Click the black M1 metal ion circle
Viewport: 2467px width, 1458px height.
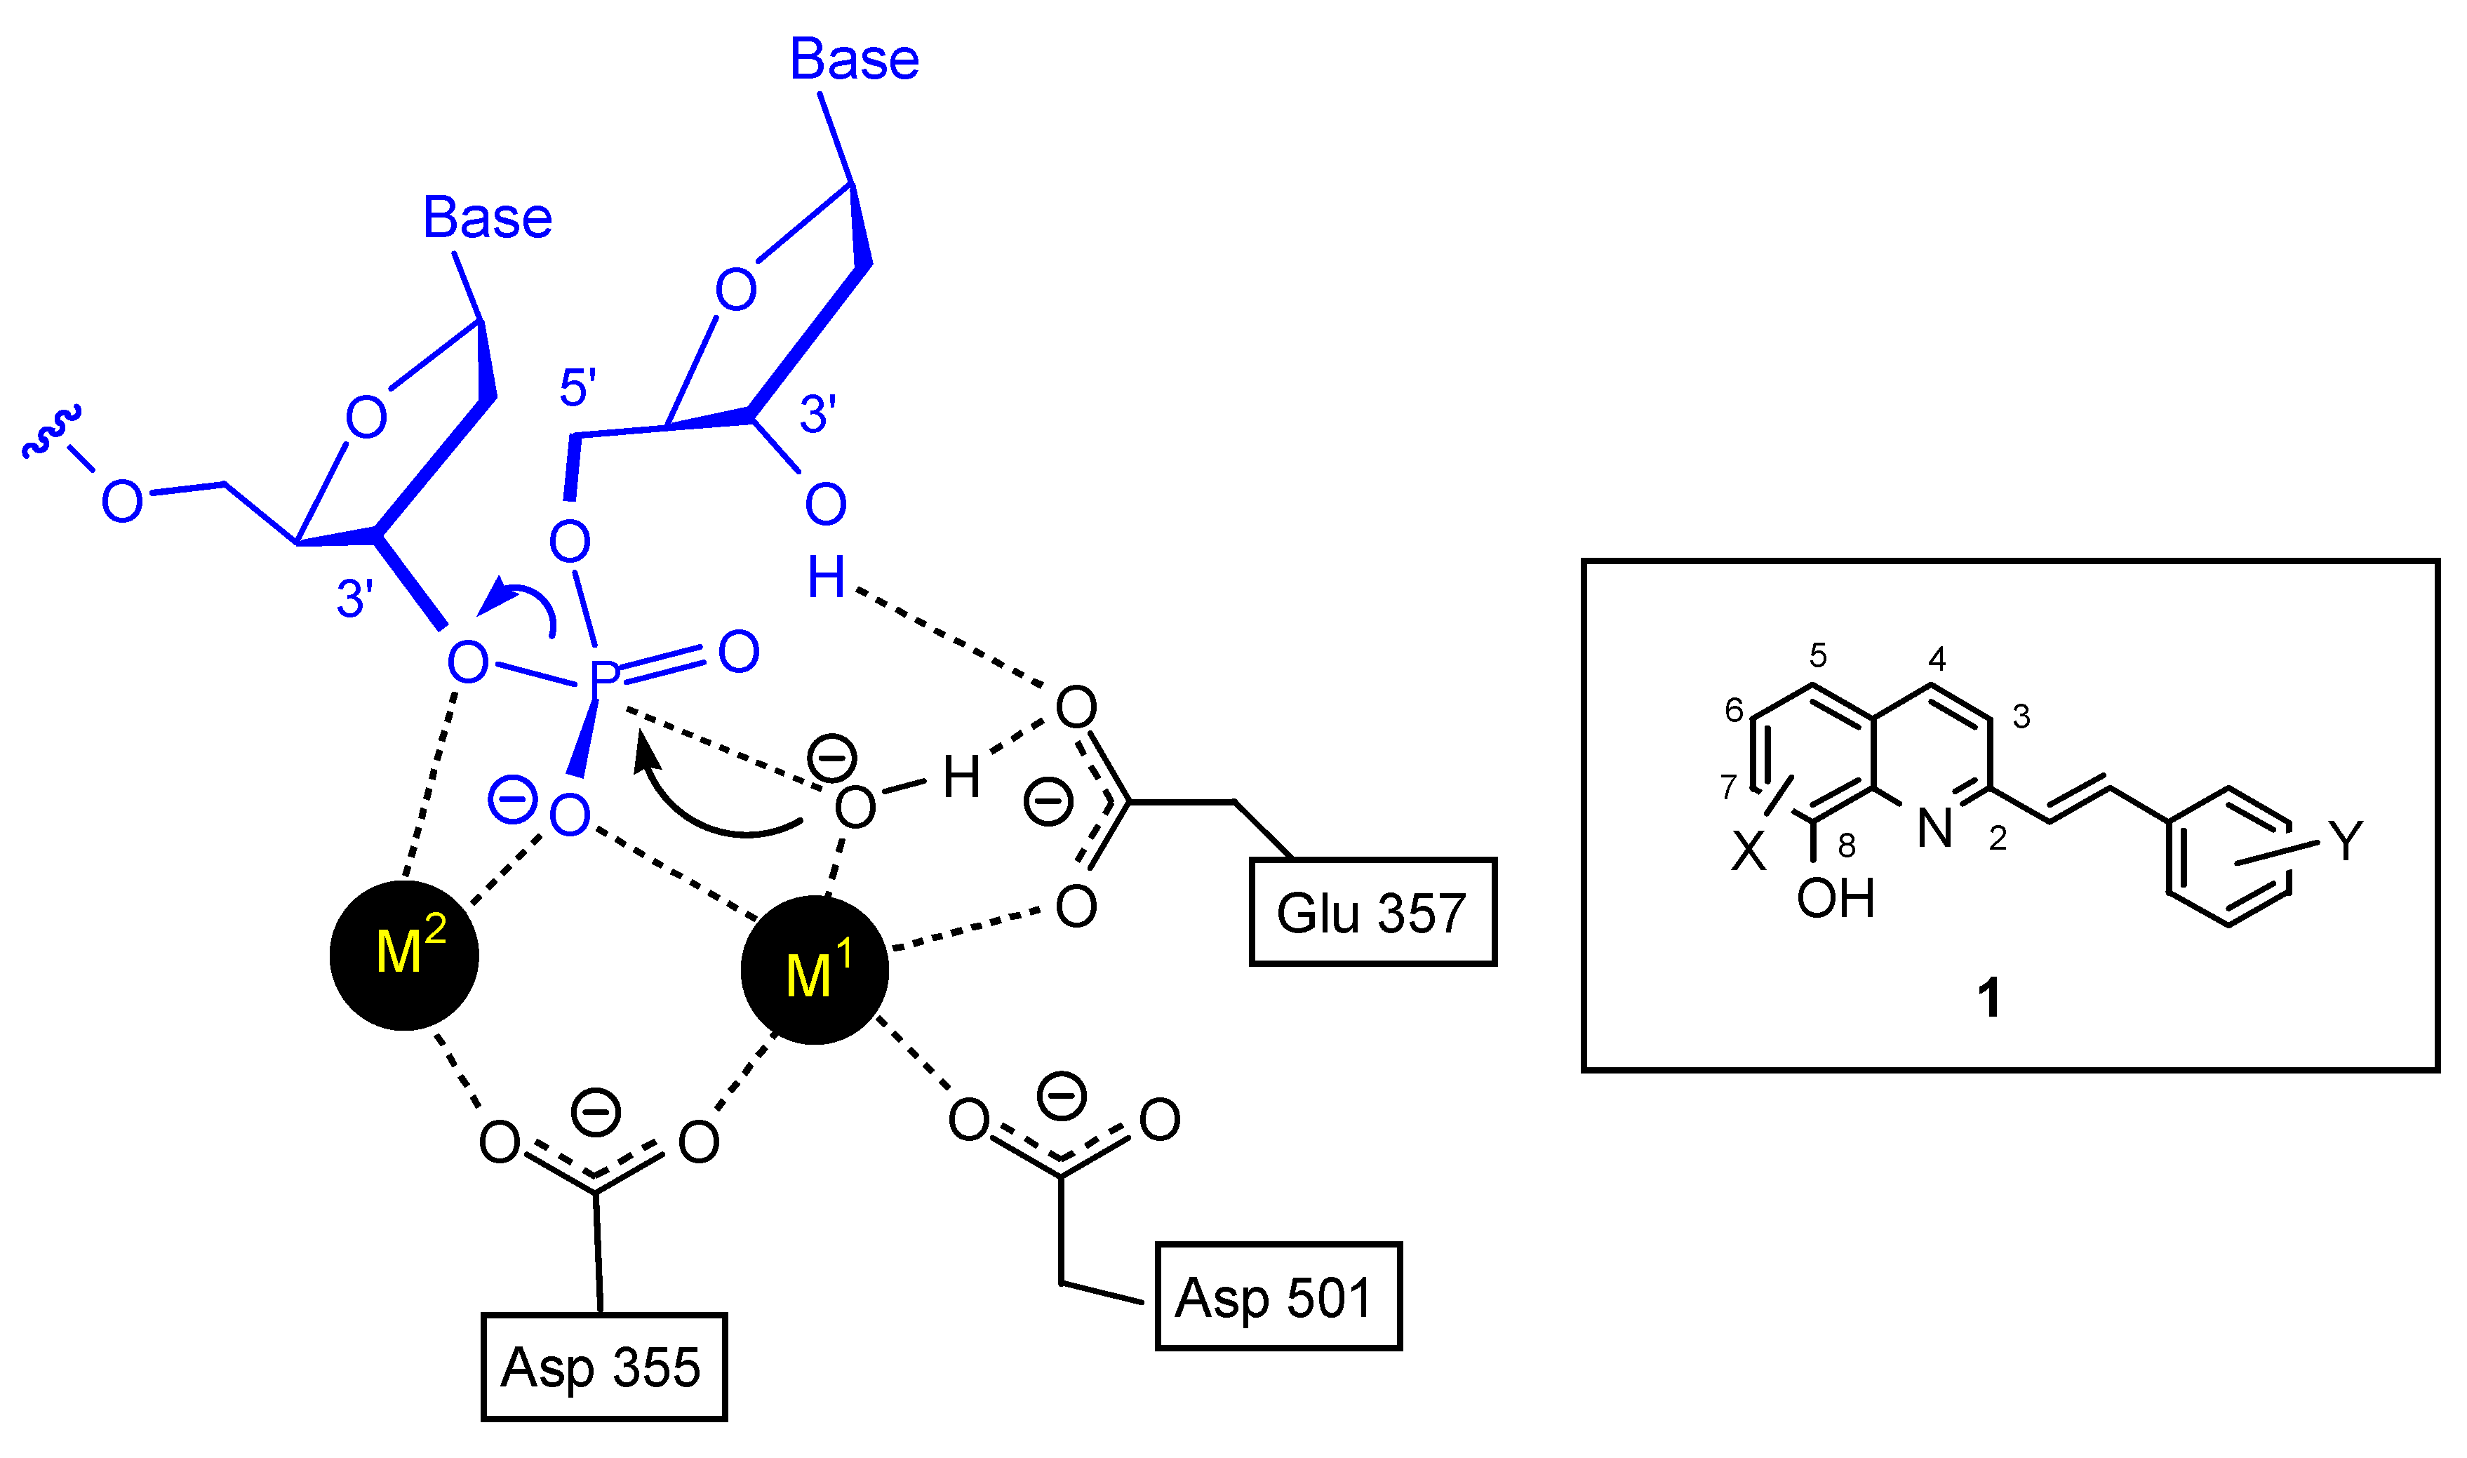[x=815, y=969]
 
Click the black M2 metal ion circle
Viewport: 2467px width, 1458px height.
[x=403, y=955]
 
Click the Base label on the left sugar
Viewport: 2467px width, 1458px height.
[x=488, y=218]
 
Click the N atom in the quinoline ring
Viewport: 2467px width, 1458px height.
[x=1934, y=828]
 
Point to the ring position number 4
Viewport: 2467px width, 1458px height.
[x=1937, y=657]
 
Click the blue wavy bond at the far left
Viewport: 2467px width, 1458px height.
[x=51, y=432]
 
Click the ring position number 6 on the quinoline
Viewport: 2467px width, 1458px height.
[x=1734, y=709]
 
